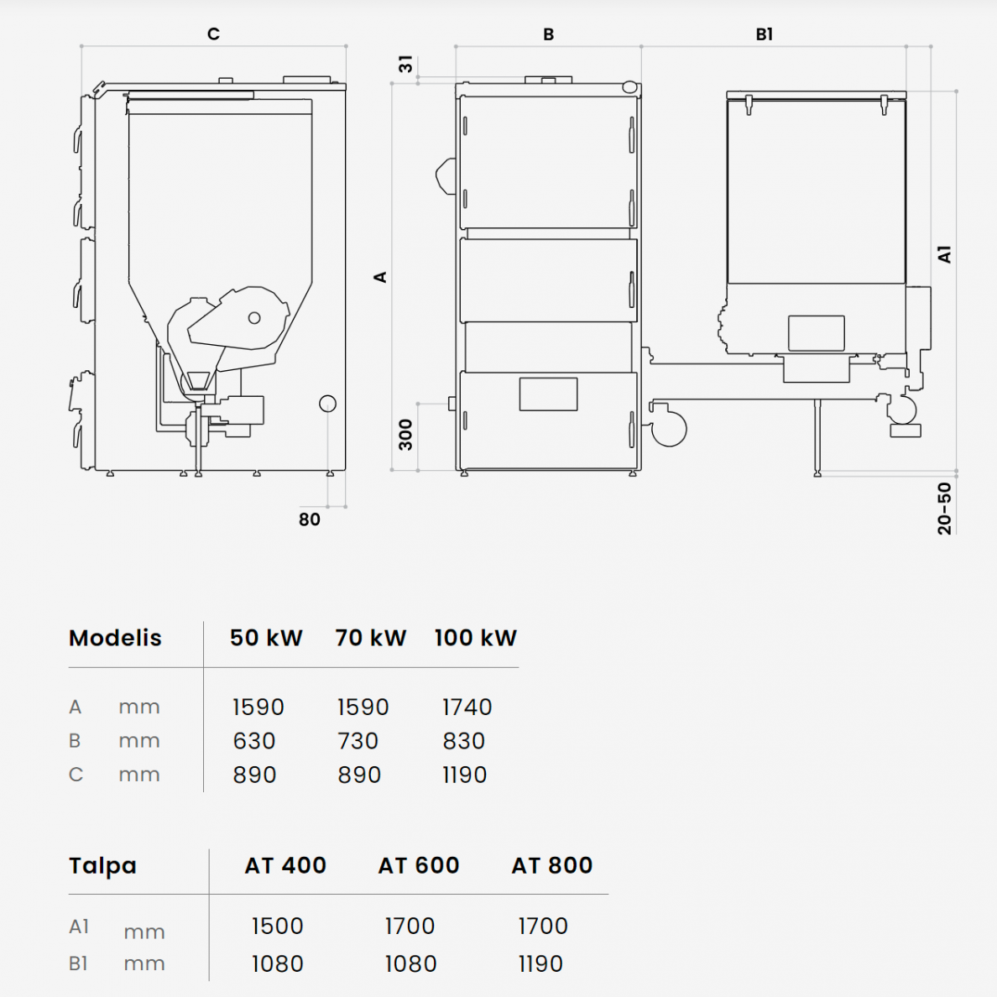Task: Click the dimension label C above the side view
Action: pyautogui.click(x=214, y=34)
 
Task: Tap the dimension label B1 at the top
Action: pyautogui.click(x=765, y=34)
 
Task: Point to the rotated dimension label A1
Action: pyautogui.click(x=944, y=254)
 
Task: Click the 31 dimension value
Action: pyautogui.click(x=405, y=64)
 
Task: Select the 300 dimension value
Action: pyautogui.click(x=405, y=434)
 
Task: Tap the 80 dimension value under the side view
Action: pyautogui.click(x=310, y=519)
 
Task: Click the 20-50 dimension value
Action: pyautogui.click(x=945, y=508)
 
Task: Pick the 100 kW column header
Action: pyautogui.click(x=476, y=638)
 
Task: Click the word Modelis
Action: pyautogui.click(x=115, y=638)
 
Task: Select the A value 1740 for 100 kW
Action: pyautogui.click(x=467, y=707)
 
